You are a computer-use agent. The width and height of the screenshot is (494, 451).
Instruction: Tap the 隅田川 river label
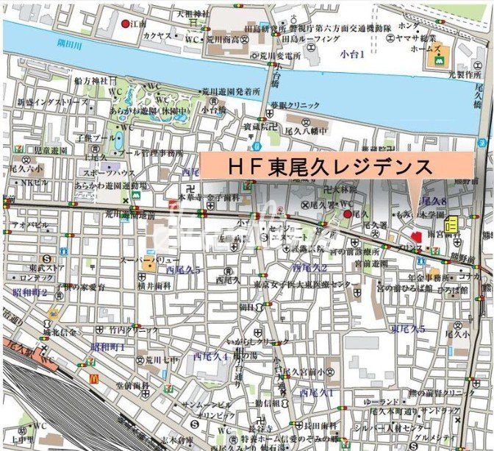[70, 43]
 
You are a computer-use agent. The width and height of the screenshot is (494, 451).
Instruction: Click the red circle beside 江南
[125, 24]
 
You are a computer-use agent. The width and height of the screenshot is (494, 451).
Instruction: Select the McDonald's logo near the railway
[94, 377]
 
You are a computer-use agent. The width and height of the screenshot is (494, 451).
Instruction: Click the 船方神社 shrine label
[90, 79]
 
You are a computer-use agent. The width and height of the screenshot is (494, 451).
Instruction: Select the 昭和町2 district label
[29, 292]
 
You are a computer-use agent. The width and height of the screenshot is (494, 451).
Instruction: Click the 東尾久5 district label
[408, 329]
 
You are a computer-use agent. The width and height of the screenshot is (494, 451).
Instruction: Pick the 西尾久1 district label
[316, 393]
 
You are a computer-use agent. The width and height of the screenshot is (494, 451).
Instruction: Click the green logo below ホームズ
[436, 64]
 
